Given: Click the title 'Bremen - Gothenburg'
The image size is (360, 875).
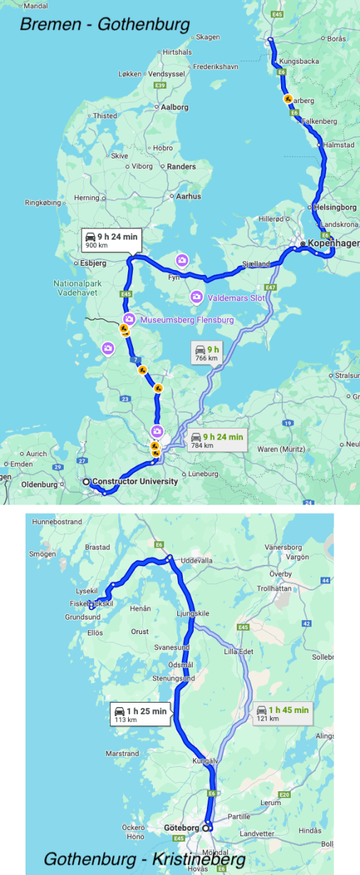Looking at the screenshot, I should click(105, 25).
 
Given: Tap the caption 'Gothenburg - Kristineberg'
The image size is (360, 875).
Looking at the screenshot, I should click(145, 860).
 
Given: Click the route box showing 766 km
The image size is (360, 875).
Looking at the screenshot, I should click(206, 353).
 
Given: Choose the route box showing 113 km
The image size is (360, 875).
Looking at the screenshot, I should click(141, 714).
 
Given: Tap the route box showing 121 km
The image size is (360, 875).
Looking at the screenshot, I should click(281, 713).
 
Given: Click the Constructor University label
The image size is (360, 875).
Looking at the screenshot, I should click(136, 481).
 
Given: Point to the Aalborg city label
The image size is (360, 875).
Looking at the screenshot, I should click(174, 107).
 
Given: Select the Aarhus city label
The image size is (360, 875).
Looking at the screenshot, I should click(188, 197).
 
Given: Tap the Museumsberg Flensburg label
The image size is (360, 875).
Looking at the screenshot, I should click(187, 321).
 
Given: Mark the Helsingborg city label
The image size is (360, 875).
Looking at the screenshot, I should click(335, 207).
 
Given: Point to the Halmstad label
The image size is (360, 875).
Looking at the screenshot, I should click(339, 145).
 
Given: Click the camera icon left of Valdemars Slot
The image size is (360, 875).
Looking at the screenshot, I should click(197, 297).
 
